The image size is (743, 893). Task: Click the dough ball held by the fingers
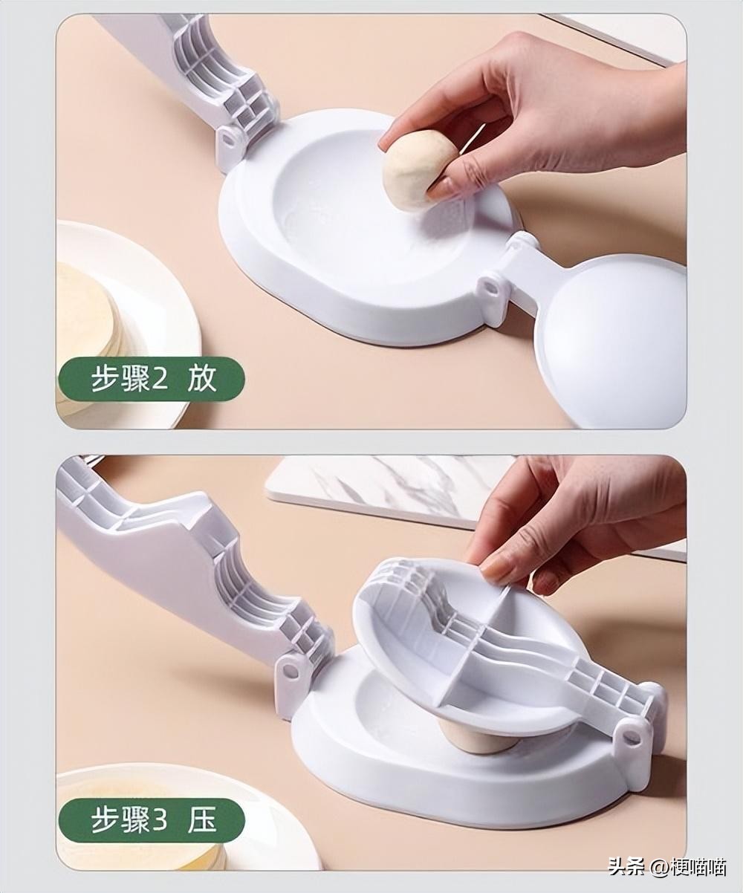tap(418, 170)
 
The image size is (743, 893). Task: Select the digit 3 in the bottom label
tap(160, 820)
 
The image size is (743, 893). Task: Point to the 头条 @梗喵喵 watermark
tap(666, 866)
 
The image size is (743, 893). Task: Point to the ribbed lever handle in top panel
tap(201, 67)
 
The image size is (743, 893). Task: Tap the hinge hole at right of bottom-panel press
tap(631, 736)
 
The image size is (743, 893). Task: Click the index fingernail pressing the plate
tap(493, 570)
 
